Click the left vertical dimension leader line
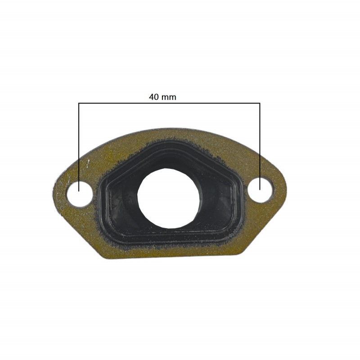[x=79, y=144]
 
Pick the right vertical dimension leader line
[x=260, y=144]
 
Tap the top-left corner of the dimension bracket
[x=79, y=103]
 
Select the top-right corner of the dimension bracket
[x=260, y=103]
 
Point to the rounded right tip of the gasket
[x=283, y=189]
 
